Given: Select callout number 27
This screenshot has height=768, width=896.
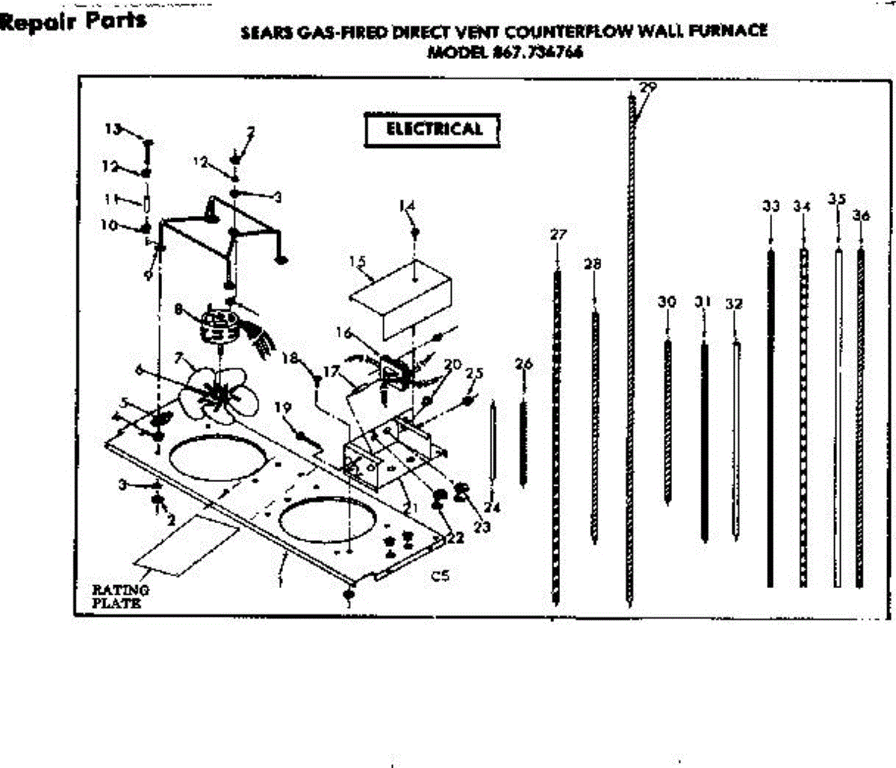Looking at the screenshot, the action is (x=558, y=235).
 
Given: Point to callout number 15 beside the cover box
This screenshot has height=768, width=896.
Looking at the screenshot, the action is (x=357, y=261).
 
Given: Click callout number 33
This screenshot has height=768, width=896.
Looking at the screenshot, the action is (x=771, y=206).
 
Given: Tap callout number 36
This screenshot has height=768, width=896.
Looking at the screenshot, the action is (x=861, y=216).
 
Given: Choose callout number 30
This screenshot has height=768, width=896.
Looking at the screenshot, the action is (x=667, y=302).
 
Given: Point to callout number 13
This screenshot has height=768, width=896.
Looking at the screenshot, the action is (x=112, y=128).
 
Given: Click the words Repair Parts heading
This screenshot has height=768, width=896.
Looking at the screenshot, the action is (x=73, y=20).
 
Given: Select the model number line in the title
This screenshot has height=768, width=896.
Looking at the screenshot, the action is (x=505, y=52).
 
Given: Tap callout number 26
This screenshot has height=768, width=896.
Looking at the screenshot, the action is (x=524, y=364).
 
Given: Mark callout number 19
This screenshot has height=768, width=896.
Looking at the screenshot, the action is (x=282, y=407).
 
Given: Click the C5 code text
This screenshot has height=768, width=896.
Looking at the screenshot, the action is (x=440, y=576).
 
